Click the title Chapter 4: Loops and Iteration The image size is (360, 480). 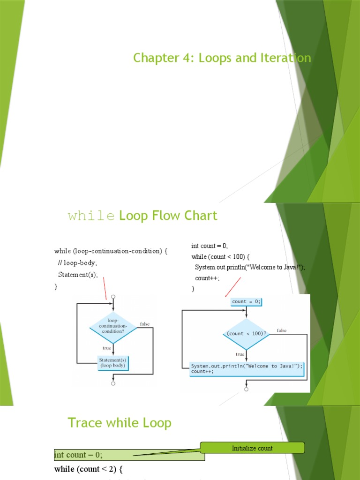click(x=222, y=58)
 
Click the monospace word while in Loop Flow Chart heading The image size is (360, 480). click(x=91, y=216)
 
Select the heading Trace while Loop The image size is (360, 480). click(x=120, y=423)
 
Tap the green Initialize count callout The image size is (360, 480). click(x=252, y=448)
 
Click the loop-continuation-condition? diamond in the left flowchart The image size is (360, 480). click(x=113, y=327)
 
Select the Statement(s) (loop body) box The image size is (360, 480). click(x=113, y=362)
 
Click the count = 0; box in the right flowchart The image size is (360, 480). click(x=246, y=301)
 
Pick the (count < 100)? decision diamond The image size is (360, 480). click(x=246, y=334)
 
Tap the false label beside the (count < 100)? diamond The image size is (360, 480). click(x=282, y=330)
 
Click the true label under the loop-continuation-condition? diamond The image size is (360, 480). click(x=107, y=348)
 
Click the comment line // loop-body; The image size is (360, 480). click(x=78, y=263)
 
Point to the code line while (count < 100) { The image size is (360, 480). click(x=221, y=256)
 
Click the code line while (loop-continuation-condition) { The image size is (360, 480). click(x=111, y=251)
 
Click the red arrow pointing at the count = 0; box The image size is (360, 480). click(x=233, y=286)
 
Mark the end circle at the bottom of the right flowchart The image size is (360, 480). click(x=247, y=389)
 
